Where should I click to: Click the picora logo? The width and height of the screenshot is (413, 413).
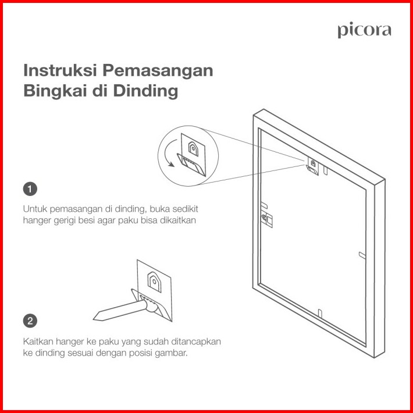tap(364, 31)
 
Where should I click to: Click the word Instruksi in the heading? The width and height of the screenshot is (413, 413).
tap(60, 70)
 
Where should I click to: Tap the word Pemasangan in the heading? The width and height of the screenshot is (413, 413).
tap(158, 71)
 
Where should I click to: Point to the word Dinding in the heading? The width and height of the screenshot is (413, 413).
tap(145, 91)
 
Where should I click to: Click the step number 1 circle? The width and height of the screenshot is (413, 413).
tap(30, 189)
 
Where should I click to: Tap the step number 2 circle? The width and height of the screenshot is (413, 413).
tap(30, 321)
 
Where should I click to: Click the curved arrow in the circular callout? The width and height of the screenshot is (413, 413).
tap(166, 153)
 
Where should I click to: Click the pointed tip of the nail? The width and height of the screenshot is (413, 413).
tap(94, 319)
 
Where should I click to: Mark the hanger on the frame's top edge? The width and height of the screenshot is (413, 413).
tap(313, 166)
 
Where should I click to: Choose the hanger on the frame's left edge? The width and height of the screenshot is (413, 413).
tap(267, 219)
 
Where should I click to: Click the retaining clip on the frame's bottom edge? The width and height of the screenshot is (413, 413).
tap(320, 314)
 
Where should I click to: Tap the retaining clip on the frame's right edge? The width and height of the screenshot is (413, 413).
tap(362, 255)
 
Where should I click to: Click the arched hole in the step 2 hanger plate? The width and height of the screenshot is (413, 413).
tap(154, 282)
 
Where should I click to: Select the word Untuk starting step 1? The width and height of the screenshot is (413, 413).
tap(35, 209)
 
